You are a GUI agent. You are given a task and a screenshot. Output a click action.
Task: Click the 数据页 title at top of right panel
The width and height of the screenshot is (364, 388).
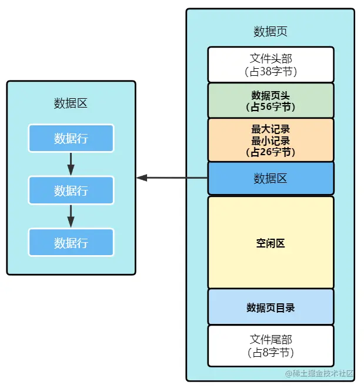[x=271, y=32]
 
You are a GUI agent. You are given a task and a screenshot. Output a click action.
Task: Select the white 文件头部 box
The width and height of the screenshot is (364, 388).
[x=271, y=64]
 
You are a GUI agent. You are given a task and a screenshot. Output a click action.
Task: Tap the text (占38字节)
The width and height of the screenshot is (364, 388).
[x=271, y=72]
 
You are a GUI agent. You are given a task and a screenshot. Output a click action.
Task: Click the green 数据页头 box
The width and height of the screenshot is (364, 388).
[x=271, y=100]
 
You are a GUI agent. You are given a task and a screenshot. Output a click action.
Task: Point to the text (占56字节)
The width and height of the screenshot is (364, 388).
[x=271, y=107]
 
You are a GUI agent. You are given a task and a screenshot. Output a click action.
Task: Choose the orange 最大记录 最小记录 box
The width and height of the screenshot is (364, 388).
[x=271, y=139]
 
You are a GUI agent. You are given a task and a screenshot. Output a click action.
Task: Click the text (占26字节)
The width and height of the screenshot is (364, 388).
[x=271, y=152]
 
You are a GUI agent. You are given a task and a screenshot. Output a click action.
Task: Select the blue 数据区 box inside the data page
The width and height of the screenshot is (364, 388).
[x=271, y=178]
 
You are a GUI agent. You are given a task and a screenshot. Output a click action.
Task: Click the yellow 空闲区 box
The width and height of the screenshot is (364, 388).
[x=271, y=242]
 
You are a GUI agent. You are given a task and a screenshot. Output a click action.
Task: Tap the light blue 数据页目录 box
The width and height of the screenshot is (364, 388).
[x=271, y=307]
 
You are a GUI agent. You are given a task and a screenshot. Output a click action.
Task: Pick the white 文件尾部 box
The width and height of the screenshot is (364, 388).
[x=271, y=346]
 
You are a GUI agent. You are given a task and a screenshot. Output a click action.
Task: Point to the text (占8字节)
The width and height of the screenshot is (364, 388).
[x=271, y=353]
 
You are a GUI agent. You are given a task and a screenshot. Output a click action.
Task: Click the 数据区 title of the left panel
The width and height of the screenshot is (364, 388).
[x=71, y=103]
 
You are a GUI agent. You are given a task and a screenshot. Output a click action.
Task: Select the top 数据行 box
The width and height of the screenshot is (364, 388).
[x=71, y=138]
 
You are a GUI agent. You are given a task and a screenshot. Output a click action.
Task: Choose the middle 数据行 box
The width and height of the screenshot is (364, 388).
[x=71, y=190]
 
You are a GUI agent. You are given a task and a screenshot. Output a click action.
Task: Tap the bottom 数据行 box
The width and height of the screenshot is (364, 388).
[x=71, y=242]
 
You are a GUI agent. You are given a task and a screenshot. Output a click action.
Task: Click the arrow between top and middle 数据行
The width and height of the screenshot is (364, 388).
[x=71, y=164]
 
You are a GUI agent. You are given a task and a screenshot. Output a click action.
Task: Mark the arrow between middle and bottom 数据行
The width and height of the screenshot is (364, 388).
[x=71, y=216]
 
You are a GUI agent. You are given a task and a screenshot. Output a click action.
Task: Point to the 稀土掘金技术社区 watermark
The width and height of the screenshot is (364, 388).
[x=319, y=373]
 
